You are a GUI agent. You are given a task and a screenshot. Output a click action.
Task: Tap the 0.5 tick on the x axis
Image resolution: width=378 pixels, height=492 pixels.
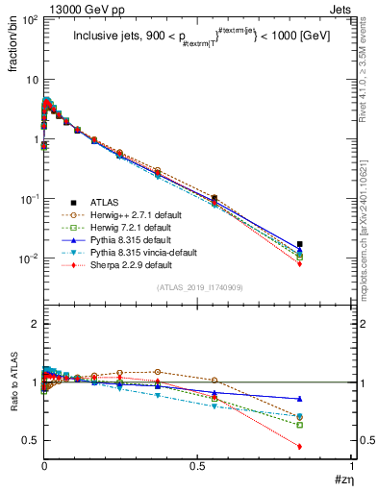197,466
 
